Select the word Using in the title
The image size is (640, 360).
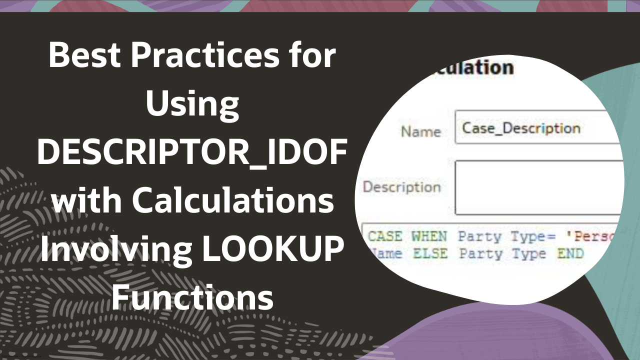click(192, 104)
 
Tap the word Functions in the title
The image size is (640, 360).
click(192, 298)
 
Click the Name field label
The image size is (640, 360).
click(420, 132)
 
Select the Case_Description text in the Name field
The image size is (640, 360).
click(521, 128)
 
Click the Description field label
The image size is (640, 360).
click(401, 187)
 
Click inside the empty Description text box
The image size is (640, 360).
click(537, 187)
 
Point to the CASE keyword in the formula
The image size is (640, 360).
click(385, 236)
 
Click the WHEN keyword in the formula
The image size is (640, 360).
click(429, 236)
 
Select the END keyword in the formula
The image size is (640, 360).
click(570, 253)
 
